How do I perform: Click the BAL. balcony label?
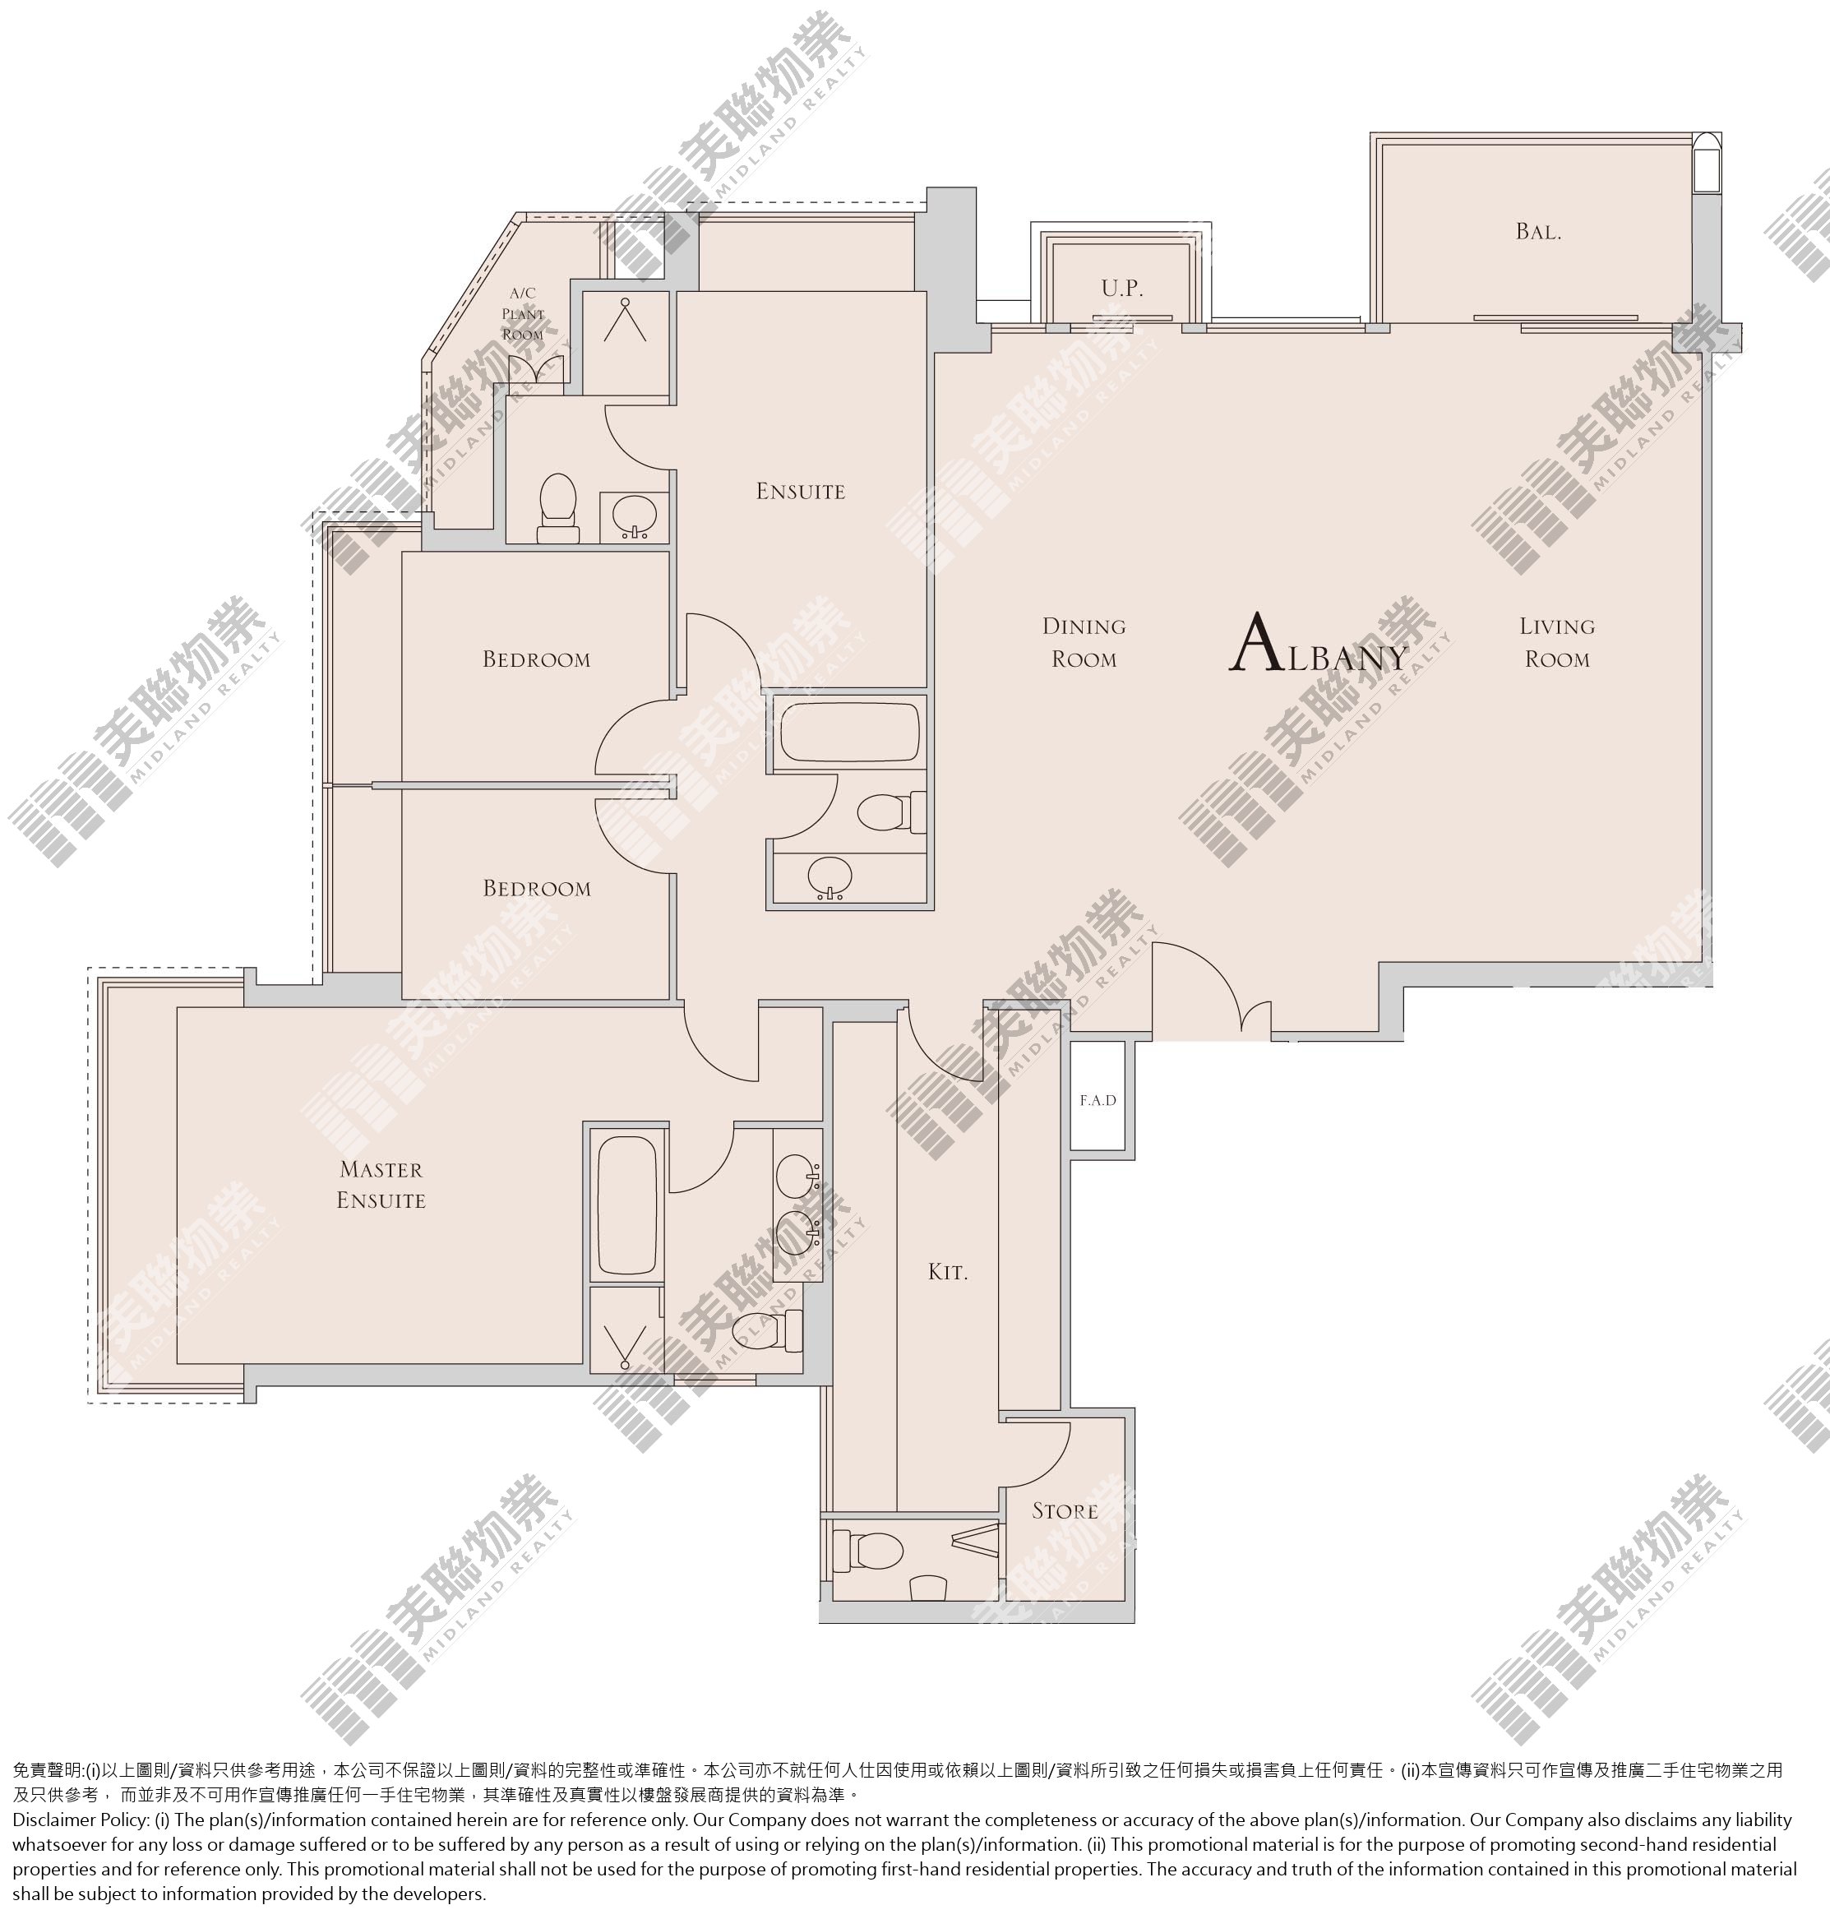pyautogui.click(x=1538, y=232)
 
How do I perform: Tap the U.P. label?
pyautogui.click(x=1122, y=289)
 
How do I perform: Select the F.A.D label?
pyautogui.click(x=1098, y=1100)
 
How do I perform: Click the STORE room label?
pyautogui.click(x=1065, y=1511)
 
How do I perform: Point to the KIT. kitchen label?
pyautogui.click(x=947, y=1272)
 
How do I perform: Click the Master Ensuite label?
pyautogui.click(x=381, y=1185)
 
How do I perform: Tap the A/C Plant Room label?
pyautogui.click(x=523, y=313)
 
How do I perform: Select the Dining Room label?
pyautogui.click(x=1084, y=642)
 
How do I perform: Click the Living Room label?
pyautogui.click(x=1557, y=642)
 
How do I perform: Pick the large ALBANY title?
pyautogui.click(x=1319, y=644)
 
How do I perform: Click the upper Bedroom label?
pyautogui.click(x=537, y=659)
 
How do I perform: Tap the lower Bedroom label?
pyautogui.click(x=537, y=889)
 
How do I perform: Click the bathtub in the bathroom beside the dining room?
pyautogui.click(x=850, y=733)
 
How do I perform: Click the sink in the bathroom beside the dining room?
pyautogui.click(x=830, y=877)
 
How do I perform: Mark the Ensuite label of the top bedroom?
pyautogui.click(x=801, y=492)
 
